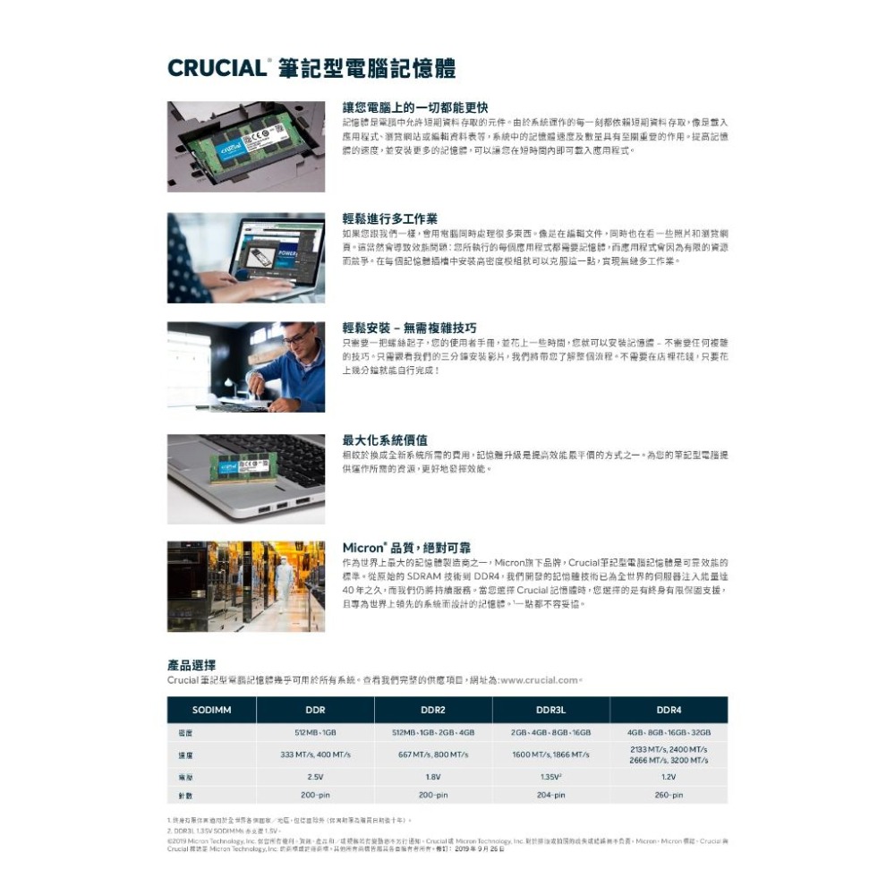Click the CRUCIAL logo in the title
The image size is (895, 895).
click(217, 68)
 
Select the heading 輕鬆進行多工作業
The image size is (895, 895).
click(390, 218)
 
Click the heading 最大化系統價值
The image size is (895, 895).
click(385, 440)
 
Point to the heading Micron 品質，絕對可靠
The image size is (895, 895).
click(407, 547)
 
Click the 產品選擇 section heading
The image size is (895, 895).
click(191, 665)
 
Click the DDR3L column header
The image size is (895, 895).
click(550, 710)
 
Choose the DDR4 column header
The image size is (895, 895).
click(669, 710)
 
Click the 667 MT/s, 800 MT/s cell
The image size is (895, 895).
click(432, 754)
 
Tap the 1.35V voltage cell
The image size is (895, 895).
click(550, 777)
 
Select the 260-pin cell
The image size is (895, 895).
click(669, 795)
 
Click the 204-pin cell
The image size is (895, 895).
click(550, 795)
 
